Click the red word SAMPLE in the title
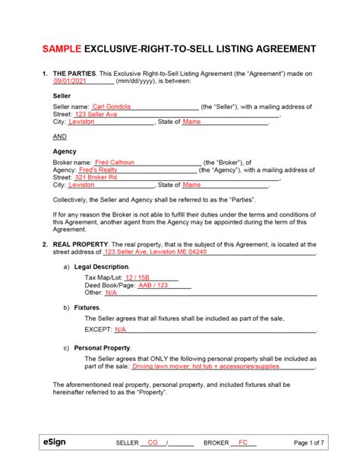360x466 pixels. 64,49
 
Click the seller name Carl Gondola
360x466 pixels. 112,106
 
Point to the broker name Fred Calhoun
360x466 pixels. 115,162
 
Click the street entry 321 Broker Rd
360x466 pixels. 96,177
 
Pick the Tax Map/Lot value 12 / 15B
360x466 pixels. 137,277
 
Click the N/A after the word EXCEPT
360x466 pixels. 120,330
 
